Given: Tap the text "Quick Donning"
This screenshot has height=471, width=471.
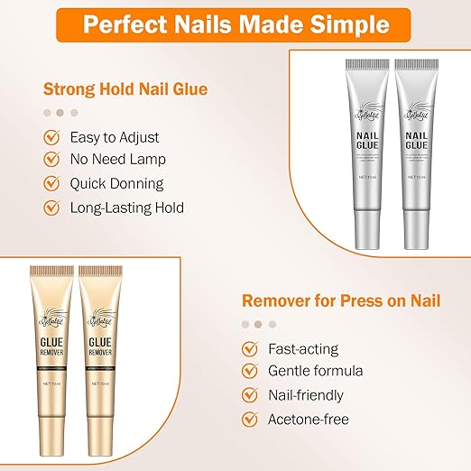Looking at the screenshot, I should click(x=116, y=184).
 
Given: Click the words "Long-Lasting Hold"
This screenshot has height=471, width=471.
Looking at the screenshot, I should click(x=127, y=208).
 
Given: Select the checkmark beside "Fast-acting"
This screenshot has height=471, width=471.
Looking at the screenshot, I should click(x=249, y=348).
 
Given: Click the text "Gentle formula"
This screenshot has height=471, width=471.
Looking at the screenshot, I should click(x=316, y=372).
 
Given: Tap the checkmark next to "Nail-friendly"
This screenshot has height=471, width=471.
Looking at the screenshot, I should click(x=249, y=395).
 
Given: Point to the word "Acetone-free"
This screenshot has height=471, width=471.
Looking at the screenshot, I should click(x=309, y=419).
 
